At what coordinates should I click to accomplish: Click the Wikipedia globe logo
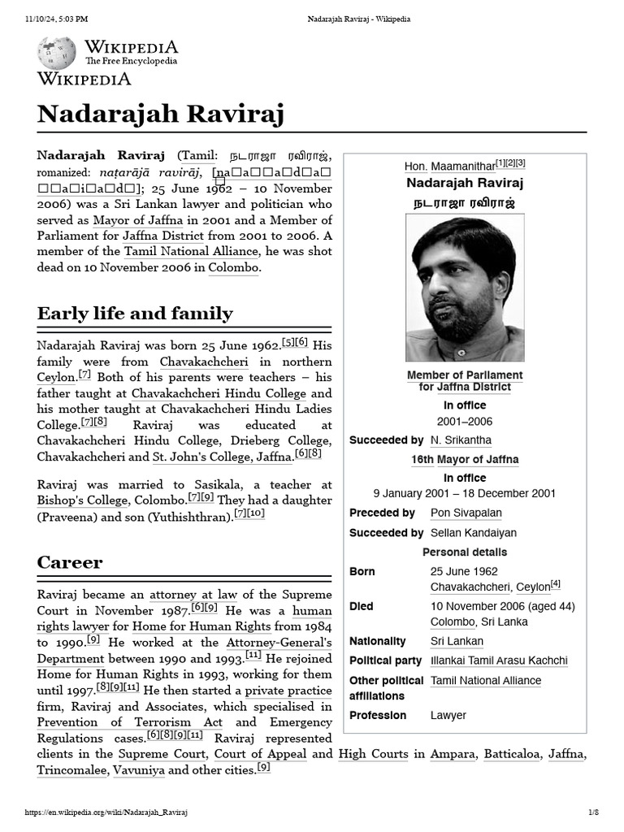(56, 53)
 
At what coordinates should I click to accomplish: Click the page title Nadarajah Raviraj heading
(161, 115)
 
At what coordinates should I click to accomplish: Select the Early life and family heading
(135, 314)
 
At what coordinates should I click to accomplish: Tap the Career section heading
(70, 562)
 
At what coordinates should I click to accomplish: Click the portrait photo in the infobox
(465, 289)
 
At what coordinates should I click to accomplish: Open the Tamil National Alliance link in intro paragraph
(191, 252)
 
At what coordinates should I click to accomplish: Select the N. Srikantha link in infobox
(461, 440)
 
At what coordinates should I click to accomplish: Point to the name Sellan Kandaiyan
(473, 533)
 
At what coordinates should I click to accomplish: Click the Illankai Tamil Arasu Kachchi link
(499, 661)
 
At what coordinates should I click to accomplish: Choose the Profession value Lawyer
(448, 716)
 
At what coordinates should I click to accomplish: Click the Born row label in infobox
(362, 572)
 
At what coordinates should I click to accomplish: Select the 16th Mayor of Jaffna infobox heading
(465, 460)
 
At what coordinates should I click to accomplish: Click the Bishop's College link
(82, 500)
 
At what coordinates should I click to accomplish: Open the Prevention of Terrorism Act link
(129, 722)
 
